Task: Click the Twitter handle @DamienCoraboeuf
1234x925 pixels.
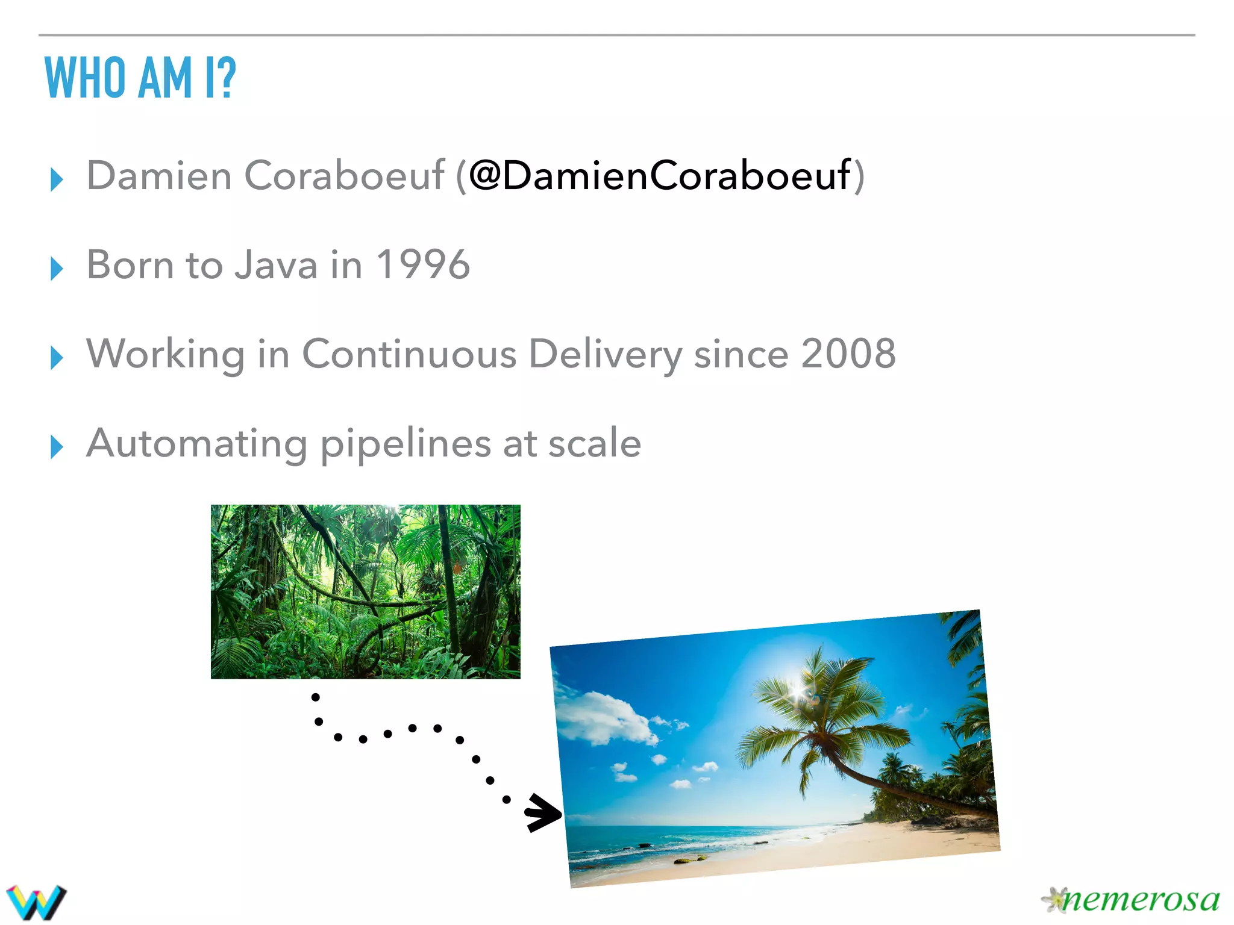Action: (x=659, y=176)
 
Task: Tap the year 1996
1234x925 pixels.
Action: (x=422, y=265)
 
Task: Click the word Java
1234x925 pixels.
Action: (x=276, y=265)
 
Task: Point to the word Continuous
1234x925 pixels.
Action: (x=409, y=353)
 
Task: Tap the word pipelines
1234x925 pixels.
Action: (x=406, y=444)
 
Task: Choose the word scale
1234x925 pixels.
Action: (x=594, y=444)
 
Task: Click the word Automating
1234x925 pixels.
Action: (x=196, y=444)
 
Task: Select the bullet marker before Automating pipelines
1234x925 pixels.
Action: (x=57, y=447)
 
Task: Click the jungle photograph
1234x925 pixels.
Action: (x=365, y=591)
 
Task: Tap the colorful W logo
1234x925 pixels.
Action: (x=36, y=902)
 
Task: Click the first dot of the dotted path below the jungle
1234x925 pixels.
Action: (x=315, y=697)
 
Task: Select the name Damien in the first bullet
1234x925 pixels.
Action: (x=159, y=176)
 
